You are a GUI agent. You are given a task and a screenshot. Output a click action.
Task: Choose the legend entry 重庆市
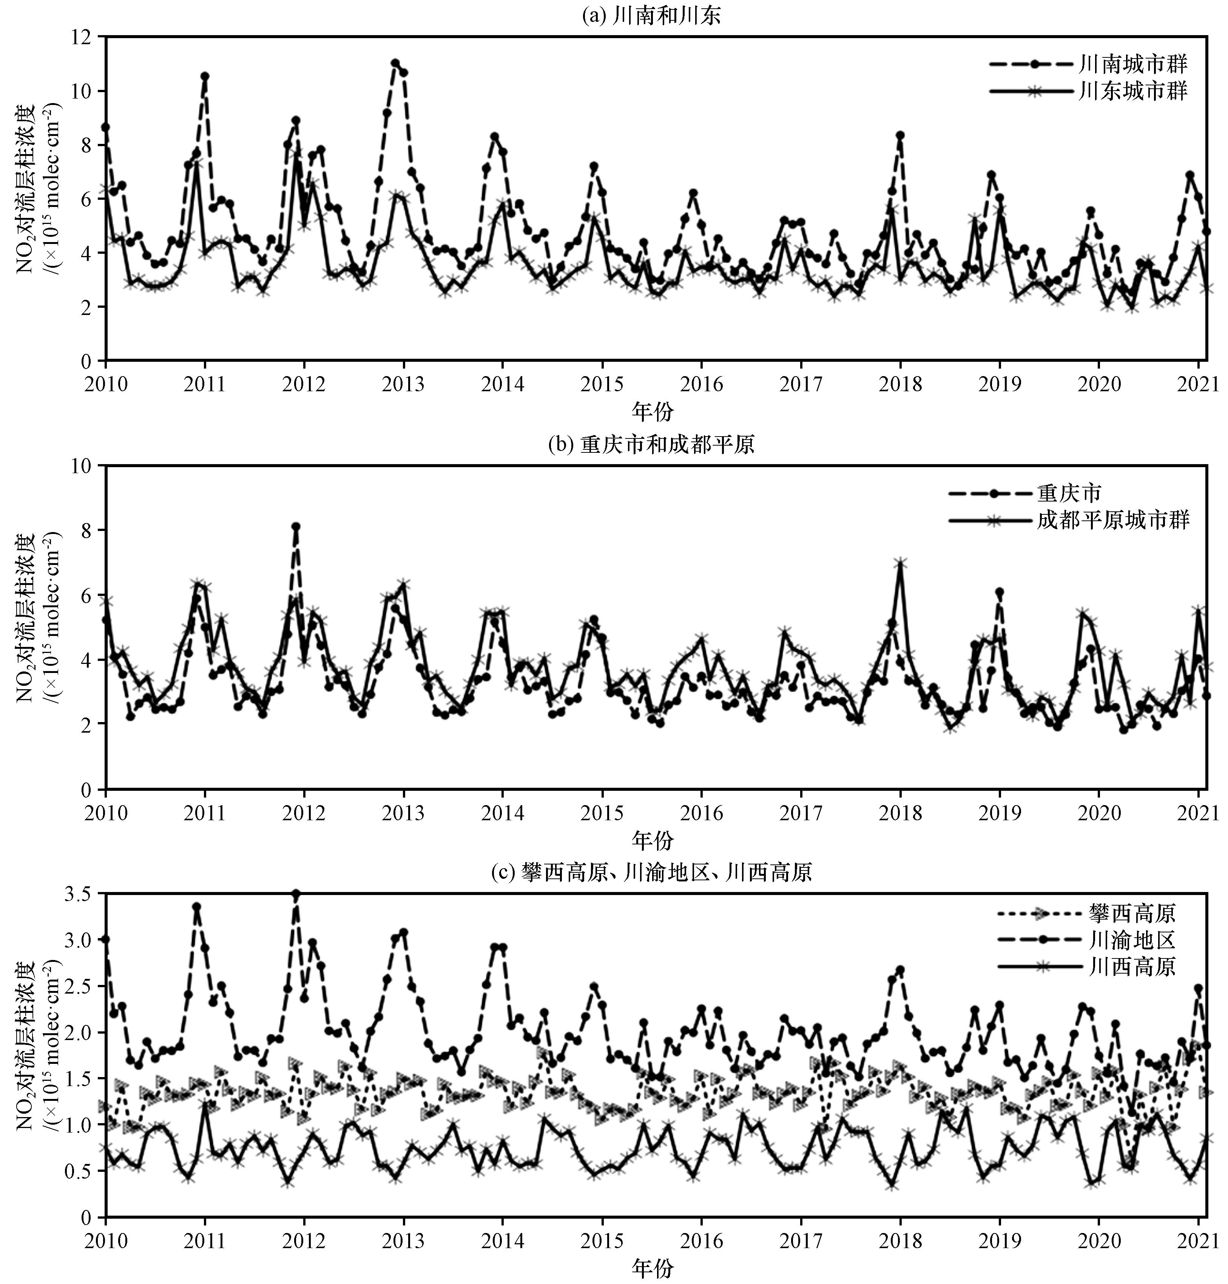pos(1069,493)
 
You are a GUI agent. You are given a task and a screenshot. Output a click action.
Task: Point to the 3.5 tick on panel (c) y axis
pos(79,894)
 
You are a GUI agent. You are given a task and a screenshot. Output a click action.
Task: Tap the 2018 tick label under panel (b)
pos(900,813)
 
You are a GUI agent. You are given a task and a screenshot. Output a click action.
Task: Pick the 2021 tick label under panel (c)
pos(1197,1241)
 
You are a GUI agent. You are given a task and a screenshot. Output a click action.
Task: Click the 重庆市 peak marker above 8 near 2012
pos(296,526)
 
